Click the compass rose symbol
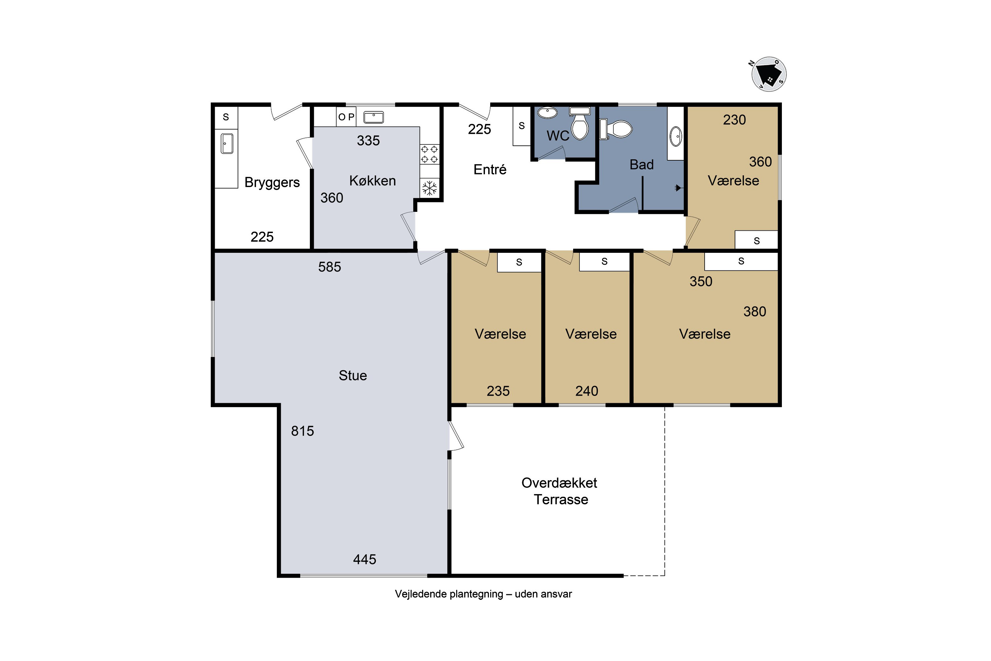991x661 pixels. pyautogui.click(x=769, y=74)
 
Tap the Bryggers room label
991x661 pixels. pyautogui.click(x=272, y=182)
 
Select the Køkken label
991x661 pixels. pyautogui.click(x=373, y=181)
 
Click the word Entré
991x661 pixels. pyautogui.click(x=490, y=170)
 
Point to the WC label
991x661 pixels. pyautogui.click(x=558, y=136)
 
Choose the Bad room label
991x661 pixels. pyautogui.click(x=641, y=164)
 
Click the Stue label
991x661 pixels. pyautogui.click(x=353, y=375)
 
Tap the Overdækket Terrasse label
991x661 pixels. pyautogui.click(x=560, y=491)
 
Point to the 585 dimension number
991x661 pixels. pyautogui.click(x=329, y=267)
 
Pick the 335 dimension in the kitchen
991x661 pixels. pyautogui.click(x=368, y=140)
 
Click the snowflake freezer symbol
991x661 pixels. pyautogui.click(x=429, y=188)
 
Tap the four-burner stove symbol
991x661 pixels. pyautogui.click(x=429, y=154)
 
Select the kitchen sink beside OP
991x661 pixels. pyautogui.click(x=374, y=117)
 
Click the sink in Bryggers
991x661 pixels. pyautogui.click(x=227, y=143)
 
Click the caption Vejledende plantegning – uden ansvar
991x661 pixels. pyautogui.click(x=483, y=594)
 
